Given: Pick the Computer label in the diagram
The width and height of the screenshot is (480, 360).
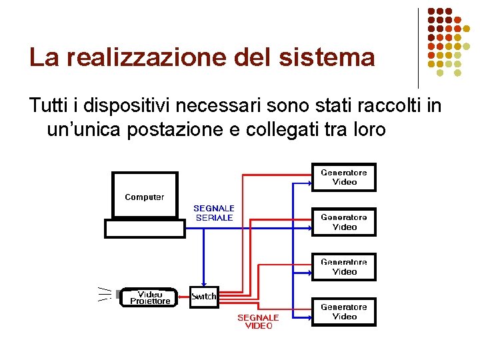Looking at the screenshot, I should (145, 197).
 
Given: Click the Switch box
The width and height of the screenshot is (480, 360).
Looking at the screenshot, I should (204, 297).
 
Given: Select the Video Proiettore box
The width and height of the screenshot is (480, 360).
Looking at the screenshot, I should (150, 297).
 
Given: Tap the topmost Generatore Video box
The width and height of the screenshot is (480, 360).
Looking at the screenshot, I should (344, 177).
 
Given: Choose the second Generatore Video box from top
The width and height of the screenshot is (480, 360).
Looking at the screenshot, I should (344, 222).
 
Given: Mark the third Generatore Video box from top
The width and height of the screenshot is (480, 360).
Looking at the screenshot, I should (344, 267).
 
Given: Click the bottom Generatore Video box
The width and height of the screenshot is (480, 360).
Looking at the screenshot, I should (344, 311).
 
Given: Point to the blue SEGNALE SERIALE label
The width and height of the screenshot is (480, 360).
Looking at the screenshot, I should (214, 213).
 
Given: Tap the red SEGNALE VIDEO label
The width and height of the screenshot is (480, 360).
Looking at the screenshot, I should (259, 321).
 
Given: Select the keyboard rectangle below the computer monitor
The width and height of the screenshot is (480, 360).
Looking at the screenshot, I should (145, 229).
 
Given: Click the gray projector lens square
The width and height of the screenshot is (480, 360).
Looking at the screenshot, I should (118, 294).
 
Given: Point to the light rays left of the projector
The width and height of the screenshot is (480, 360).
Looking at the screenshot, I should (103, 294).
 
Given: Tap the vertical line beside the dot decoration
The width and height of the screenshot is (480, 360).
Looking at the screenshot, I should (418, 48).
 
